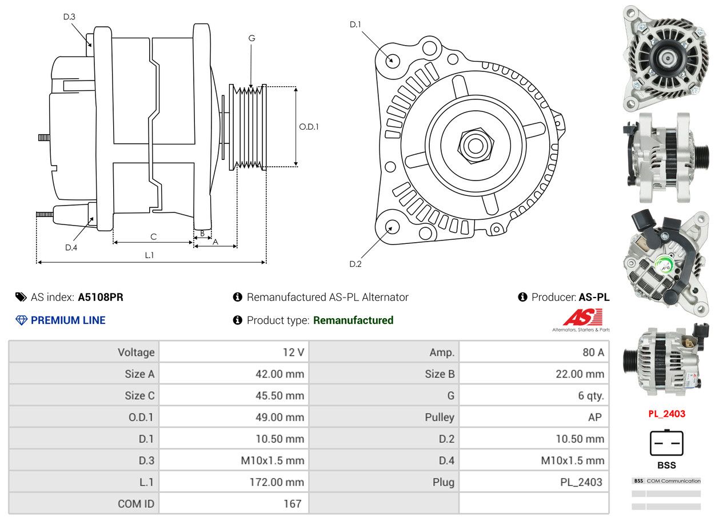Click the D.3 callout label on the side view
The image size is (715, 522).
pos(69,17)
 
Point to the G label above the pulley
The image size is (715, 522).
pos(251,38)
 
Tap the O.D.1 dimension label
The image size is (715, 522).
pos(309,126)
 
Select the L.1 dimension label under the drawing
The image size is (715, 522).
pos(149,255)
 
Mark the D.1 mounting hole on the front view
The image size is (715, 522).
pos(392,59)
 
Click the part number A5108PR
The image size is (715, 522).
pos(101,297)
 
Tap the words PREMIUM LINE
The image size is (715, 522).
pos(68,320)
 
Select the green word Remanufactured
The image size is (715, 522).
pos(353,320)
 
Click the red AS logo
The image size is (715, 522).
pos(583,318)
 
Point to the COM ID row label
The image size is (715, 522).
pos(136,504)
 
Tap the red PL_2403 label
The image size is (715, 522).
pos(666,413)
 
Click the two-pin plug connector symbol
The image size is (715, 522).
pos(666,442)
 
